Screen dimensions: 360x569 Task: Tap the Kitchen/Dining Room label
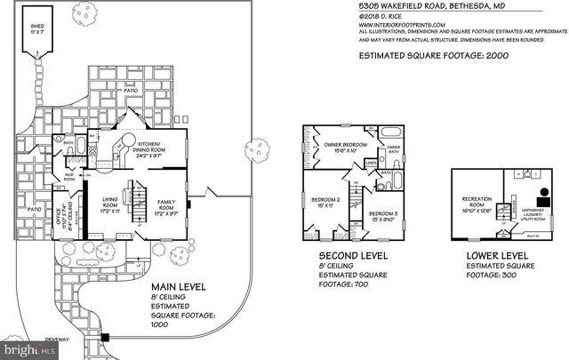[x=148, y=148]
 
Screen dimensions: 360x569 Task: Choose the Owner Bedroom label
[x=340, y=147]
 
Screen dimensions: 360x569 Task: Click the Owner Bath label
[x=394, y=149]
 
